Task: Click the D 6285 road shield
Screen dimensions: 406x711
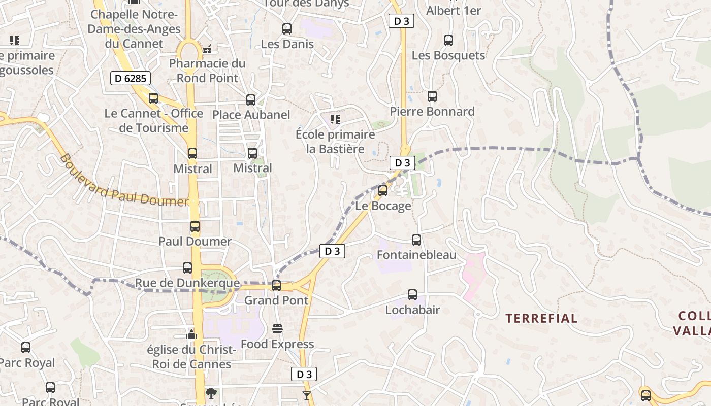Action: coord(131,78)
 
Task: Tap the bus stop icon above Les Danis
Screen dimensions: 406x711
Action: coord(287,29)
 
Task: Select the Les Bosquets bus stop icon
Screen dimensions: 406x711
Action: coord(448,41)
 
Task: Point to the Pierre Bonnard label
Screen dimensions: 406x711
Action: coord(432,112)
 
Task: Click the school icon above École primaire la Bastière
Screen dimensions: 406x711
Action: coord(335,119)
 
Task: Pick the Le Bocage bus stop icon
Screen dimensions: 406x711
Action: coord(383,191)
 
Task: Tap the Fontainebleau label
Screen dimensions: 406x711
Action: coord(416,255)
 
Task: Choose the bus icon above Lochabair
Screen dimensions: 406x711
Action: coord(412,295)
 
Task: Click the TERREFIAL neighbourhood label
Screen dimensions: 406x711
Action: coord(541,319)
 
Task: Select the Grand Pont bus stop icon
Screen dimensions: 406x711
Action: coord(276,286)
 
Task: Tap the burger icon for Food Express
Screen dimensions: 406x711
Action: coord(277,329)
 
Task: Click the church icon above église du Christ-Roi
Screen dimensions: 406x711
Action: coord(191,334)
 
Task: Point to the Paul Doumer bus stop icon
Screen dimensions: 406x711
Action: coord(195,226)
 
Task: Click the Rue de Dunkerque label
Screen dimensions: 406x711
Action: coord(187,283)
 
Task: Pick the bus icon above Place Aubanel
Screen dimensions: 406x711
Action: coord(251,100)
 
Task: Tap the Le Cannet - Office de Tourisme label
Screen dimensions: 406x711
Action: coord(154,120)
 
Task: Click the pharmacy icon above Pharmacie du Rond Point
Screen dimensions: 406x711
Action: coord(207,49)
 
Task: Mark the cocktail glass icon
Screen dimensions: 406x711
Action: coord(306,395)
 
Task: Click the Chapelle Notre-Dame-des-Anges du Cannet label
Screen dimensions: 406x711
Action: coord(134,29)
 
